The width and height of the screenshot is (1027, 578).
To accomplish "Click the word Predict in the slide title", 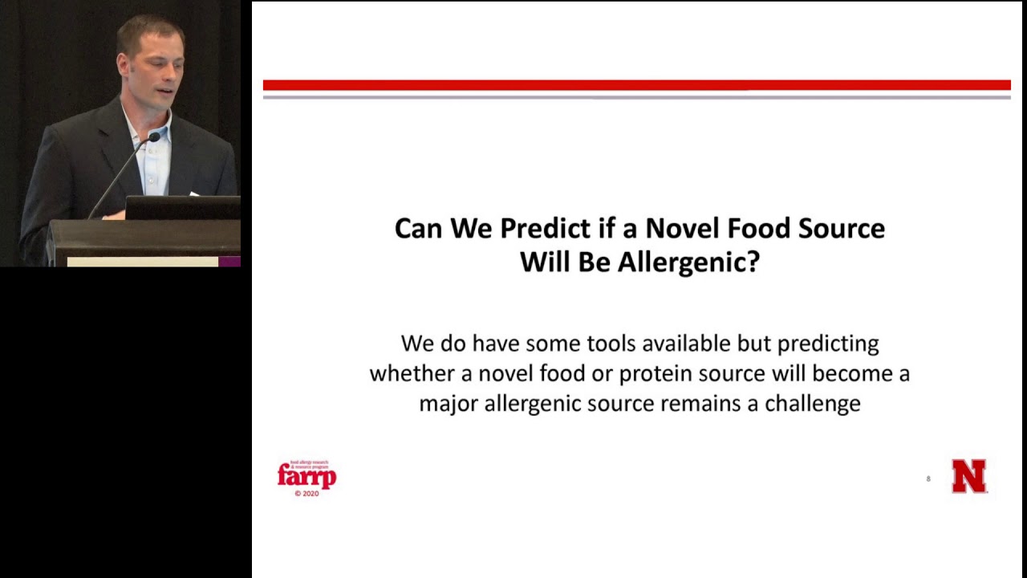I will point(546,229).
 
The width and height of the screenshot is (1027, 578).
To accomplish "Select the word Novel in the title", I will point(682,229).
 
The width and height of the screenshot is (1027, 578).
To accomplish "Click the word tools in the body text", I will point(611,344).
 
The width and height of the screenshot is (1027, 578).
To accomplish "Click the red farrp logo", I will point(306,476).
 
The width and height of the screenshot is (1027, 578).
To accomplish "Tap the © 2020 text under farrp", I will point(306,494).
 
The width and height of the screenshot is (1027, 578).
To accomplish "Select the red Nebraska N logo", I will point(968,476).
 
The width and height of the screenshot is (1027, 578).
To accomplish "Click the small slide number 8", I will point(928,479).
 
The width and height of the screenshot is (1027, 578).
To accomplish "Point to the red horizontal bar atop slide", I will point(636,85).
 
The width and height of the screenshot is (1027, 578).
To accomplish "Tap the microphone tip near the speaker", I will point(152,138).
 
